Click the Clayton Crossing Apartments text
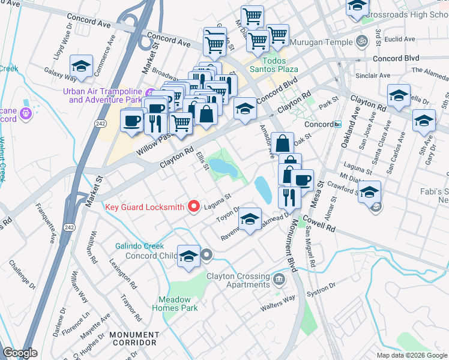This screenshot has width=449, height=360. (x=238, y=280)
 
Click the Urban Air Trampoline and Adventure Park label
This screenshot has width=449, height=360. (x=103, y=95)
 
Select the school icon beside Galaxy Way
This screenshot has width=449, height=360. (x=82, y=67)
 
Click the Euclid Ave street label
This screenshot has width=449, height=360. (x=400, y=39)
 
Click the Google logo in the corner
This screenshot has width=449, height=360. (x=20, y=353)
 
